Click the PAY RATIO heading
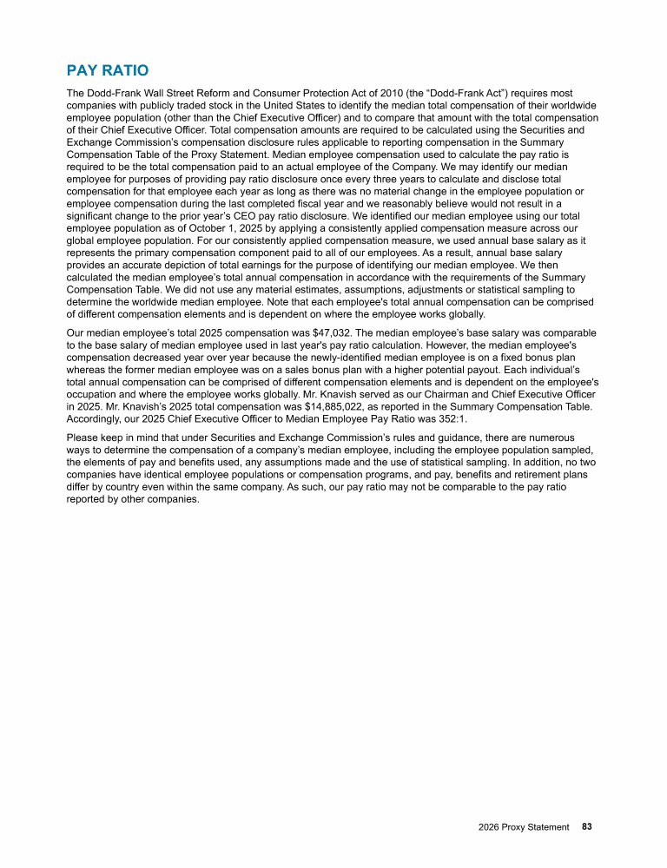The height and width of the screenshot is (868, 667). click(x=107, y=70)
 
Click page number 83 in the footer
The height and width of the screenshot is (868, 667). click(x=587, y=827)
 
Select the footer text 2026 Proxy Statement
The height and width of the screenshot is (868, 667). click(x=524, y=827)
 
